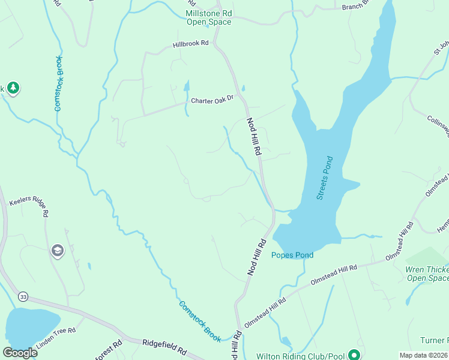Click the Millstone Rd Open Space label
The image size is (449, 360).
[x=208, y=17]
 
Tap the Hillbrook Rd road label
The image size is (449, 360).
[x=190, y=44]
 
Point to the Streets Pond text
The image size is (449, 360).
[x=325, y=178]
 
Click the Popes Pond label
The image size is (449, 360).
[x=292, y=255]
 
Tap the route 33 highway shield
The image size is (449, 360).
[x=23, y=296]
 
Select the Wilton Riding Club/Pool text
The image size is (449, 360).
[x=303, y=355]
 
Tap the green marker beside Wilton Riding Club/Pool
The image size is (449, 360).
[x=355, y=354]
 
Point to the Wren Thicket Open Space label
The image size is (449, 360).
[x=427, y=274]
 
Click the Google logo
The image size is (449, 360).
[x=20, y=353]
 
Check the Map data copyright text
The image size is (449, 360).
[x=423, y=355]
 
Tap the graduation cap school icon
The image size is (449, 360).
[x=58, y=250]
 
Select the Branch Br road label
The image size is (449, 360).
[x=357, y=7]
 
